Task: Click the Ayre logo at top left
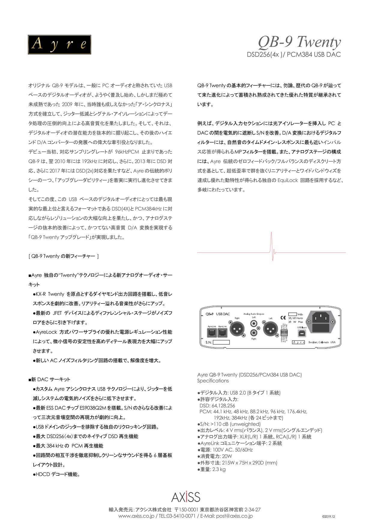59,44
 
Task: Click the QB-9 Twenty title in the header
299,42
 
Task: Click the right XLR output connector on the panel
237,330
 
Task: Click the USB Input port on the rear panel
301,333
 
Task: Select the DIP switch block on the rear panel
284,333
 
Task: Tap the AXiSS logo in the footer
186,497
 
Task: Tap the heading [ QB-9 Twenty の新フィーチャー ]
64,256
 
